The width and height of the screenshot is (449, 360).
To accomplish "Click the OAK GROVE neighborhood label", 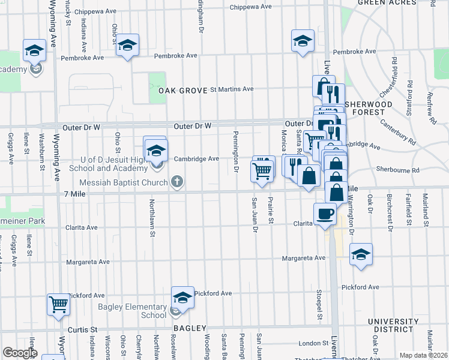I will coord(182,91).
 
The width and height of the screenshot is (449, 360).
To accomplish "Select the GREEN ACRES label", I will coord(387,3).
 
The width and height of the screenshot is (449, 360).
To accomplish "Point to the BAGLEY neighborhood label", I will coord(190,329).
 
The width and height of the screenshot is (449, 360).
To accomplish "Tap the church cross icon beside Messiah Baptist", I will coord(176,181).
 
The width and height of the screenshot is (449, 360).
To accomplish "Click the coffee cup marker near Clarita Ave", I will coord(325,214).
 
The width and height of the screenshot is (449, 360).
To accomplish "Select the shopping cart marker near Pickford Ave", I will coord(58,304).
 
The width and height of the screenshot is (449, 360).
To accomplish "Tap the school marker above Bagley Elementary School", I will coord(182,297).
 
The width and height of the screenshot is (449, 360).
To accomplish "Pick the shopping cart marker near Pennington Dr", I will coord(262,170).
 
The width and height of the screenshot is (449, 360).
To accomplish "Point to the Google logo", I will coord(19,353).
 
